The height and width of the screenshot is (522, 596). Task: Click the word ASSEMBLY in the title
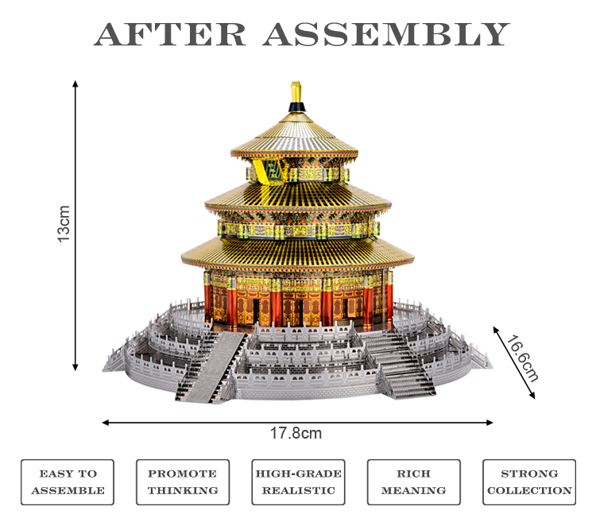click(x=386, y=34)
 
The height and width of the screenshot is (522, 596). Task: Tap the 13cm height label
click(x=64, y=224)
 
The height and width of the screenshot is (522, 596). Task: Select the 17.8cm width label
click(x=296, y=434)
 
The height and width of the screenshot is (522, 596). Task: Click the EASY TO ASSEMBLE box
click(x=68, y=481)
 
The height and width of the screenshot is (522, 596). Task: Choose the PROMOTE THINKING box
click(x=183, y=481)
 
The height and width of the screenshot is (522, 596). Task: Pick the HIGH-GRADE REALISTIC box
click(x=298, y=481)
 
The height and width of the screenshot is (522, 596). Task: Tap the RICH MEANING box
click(x=413, y=481)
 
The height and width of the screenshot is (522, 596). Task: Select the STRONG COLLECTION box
click(x=529, y=481)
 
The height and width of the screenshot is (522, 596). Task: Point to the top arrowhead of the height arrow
click(x=75, y=83)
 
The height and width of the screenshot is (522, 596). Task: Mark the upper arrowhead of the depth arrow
click(x=495, y=327)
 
